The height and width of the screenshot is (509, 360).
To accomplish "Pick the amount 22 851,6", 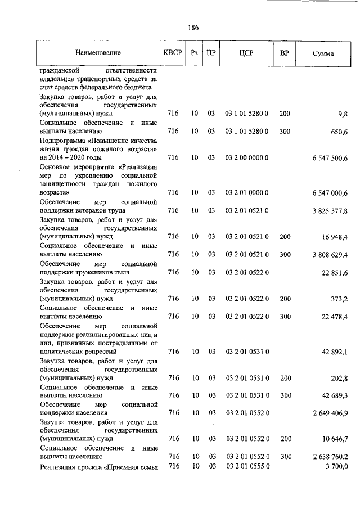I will point(335,273).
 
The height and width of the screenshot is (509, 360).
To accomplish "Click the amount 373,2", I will point(339,299).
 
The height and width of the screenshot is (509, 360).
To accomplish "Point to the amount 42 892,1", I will point(335,352).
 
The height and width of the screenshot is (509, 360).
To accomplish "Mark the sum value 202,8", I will point(339,378).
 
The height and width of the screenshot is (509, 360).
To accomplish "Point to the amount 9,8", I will point(343,114).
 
